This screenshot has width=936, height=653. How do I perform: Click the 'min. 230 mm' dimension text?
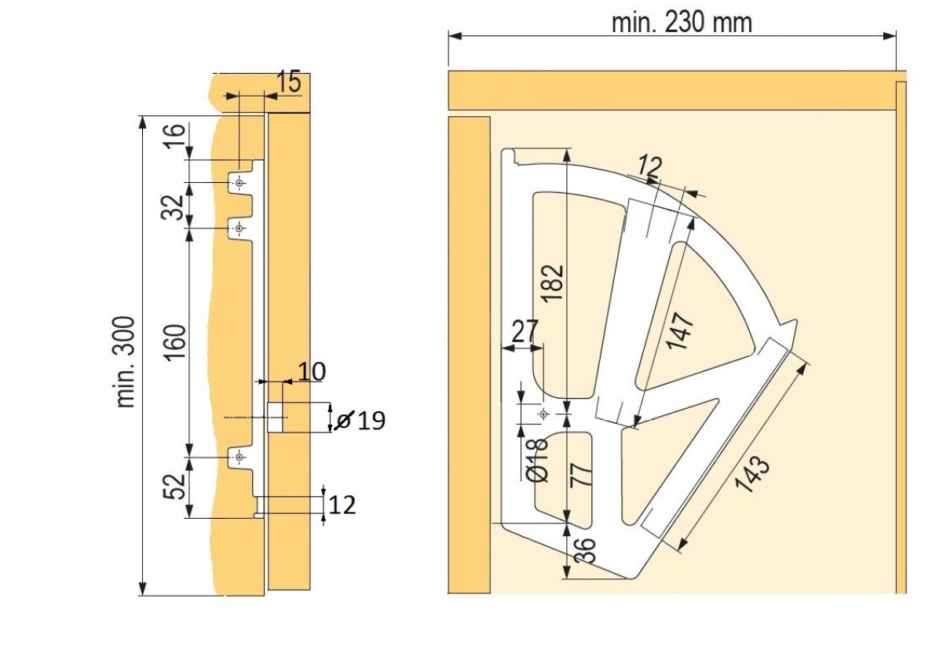click(681, 23)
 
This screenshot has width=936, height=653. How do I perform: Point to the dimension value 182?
click(554, 283)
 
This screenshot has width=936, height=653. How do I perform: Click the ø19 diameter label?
click(360, 421)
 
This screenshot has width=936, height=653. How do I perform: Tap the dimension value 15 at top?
click(288, 82)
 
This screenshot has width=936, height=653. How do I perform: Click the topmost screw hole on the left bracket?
click(239, 183)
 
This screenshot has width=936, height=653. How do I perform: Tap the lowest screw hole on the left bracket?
click(239, 457)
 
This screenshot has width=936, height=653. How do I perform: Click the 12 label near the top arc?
click(650, 166)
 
